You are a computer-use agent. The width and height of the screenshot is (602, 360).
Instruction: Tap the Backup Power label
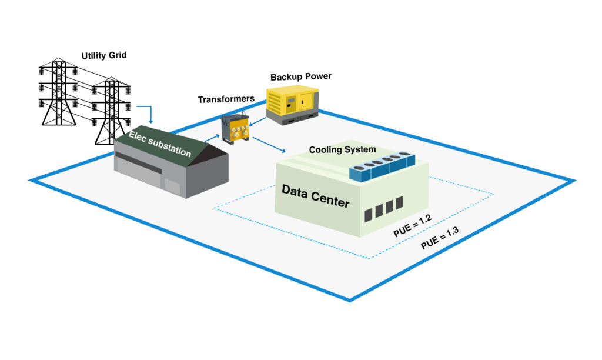click(301, 76)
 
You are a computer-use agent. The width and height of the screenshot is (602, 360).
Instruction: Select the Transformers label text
click(226, 99)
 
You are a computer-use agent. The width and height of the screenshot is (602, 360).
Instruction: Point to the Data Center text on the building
click(315, 196)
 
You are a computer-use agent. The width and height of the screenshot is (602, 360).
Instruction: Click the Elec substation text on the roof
click(160, 145)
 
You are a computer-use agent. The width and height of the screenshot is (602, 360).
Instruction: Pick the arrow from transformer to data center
click(271, 146)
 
